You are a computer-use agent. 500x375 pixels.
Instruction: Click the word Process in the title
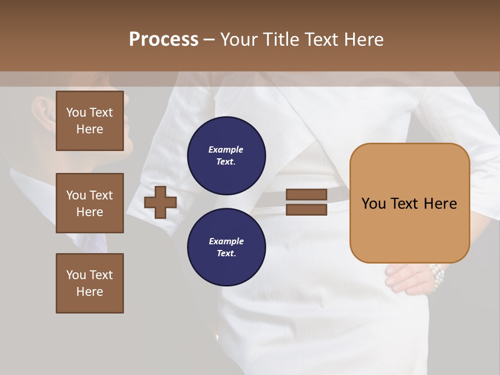tap(164, 40)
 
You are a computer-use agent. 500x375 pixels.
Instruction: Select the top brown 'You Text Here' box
tap(90, 121)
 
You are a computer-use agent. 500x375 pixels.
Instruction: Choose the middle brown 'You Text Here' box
tap(90, 203)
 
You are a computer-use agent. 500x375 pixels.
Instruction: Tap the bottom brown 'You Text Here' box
tap(90, 283)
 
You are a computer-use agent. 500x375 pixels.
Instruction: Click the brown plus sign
tap(160, 202)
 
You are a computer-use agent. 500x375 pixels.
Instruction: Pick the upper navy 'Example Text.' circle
tap(226, 155)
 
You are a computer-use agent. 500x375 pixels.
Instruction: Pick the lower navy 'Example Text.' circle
tap(226, 247)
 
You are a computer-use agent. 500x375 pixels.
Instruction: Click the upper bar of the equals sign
tap(307, 194)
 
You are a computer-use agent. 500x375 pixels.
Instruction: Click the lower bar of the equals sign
tap(307, 209)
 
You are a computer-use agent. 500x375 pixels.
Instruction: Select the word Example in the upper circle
tap(226, 149)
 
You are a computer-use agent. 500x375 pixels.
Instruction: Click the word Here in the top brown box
tap(90, 129)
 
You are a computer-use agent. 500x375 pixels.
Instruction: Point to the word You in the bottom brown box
tap(76, 275)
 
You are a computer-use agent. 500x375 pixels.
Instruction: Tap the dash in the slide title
tap(209, 40)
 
